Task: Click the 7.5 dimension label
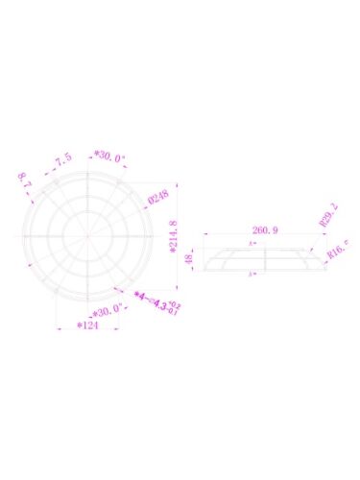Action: (x=62, y=158)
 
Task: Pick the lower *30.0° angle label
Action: (x=107, y=310)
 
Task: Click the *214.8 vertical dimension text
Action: (x=174, y=242)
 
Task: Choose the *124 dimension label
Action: (x=88, y=326)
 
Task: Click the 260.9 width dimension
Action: (x=266, y=230)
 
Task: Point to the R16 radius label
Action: (x=337, y=251)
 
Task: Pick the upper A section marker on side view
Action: (x=252, y=246)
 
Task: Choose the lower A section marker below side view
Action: (x=252, y=276)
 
